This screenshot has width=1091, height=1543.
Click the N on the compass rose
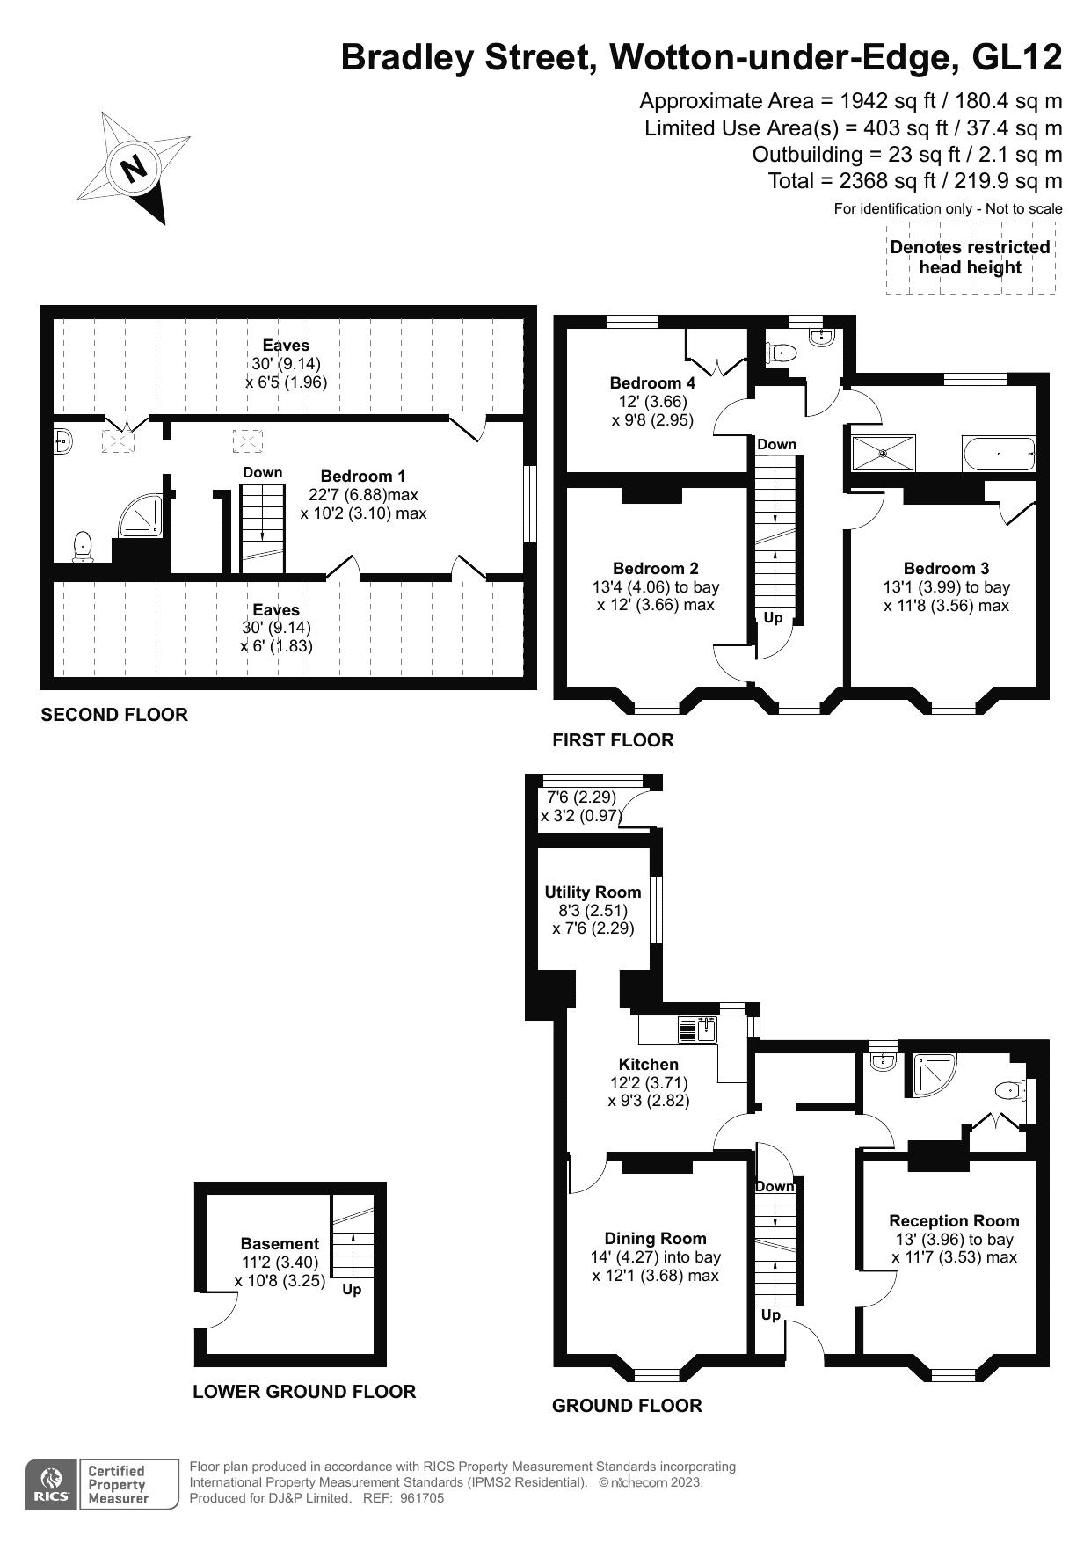click(x=134, y=168)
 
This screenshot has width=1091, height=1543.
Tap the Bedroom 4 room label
click(x=652, y=382)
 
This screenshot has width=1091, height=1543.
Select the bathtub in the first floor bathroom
click(x=999, y=455)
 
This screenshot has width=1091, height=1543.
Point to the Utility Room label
click(x=593, y=892)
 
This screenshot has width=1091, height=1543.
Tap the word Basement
click(x=280, y=1243)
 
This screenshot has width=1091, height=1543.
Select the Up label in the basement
click(x=352, y=1290)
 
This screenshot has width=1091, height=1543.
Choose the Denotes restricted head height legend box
click(x=970, y=258)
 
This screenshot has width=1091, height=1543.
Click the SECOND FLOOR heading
click(x=114, y=715)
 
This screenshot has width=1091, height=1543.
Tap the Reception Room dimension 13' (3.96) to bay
click(x=954, y=1239)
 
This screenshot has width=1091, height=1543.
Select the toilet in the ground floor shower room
click(x=1009, y=1091)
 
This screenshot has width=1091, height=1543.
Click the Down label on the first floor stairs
click(x=776, y=444)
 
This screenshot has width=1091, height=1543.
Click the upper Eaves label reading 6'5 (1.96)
click(x=286, y=382)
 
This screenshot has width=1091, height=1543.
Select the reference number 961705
click(x=422, y=1498)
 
